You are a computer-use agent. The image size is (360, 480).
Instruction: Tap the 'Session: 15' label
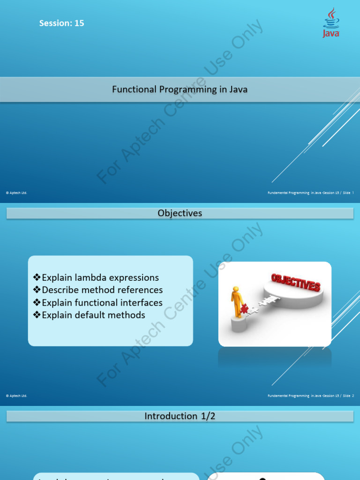[x=61, y=23]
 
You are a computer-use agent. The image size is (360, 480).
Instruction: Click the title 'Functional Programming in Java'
[x=180, y=89]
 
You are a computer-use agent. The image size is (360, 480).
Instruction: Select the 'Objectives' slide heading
[x=180, y=213]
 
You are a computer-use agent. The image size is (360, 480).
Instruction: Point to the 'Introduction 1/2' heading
[x=180, y=416]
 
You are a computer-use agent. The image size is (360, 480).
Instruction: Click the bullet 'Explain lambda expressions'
[x=100, y=277]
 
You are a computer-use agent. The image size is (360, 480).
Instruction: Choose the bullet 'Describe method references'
[x=102, y=290]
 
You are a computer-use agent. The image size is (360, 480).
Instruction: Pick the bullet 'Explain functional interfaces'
[x=102, y=303]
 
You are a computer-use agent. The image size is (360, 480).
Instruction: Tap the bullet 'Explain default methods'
[x=93, y=315]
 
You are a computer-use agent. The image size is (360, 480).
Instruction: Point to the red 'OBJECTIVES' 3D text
[x=296, y=282]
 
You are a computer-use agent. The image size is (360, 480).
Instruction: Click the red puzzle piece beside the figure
[x=244, y=308]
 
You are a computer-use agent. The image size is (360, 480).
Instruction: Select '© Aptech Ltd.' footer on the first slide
[x=16, y=193]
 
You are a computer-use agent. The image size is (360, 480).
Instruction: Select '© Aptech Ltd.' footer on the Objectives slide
[x=16, y=396]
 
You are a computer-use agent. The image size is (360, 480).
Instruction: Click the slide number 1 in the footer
[x=352, y=193]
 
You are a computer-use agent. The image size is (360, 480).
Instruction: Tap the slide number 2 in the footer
[x=352, y=396]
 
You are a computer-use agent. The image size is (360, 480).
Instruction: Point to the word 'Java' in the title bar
[x=238, y=89]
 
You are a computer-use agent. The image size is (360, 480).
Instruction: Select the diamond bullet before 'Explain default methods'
[x=37, y=315]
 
